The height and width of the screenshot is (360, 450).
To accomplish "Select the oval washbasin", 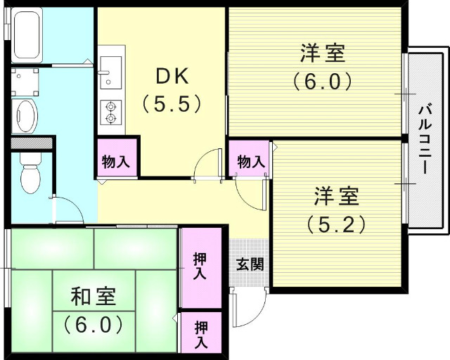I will [27, 115].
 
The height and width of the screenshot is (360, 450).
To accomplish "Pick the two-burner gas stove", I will [110, 112].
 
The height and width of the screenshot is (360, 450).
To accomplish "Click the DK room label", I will [172, 76].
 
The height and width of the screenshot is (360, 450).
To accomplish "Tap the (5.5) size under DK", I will [172, 104].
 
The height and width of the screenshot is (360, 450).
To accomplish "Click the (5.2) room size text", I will [335, 224].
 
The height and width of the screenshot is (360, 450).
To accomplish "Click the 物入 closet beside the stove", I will [115, 161].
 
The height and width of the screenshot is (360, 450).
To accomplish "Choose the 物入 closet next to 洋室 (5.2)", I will [250, 161].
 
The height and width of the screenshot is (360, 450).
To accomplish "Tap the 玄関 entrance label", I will [250, 265].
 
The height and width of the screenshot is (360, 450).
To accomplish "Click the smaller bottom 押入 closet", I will [200, 334].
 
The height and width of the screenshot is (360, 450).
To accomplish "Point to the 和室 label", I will [93, 296].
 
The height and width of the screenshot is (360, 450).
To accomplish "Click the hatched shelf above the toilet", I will [32, 143].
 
